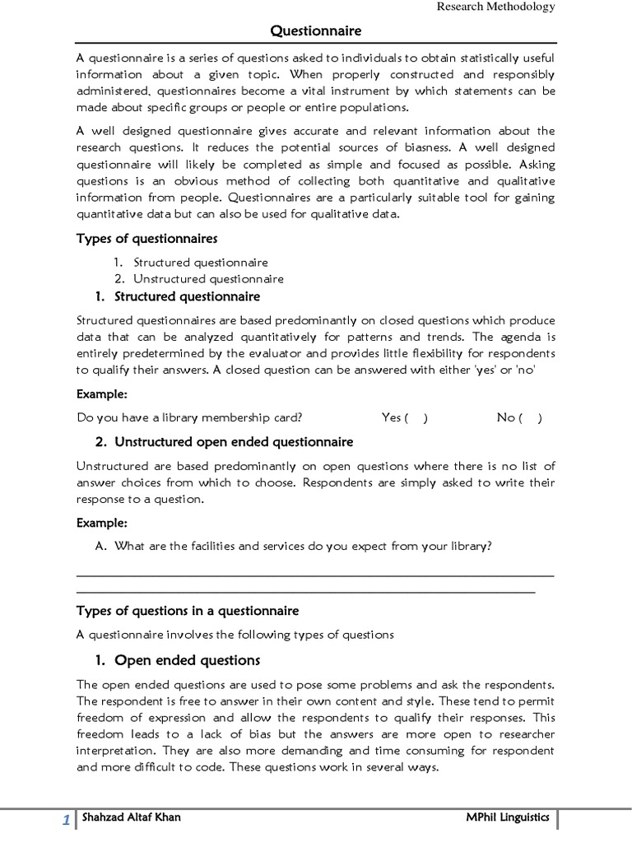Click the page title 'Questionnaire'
tap(316, 31)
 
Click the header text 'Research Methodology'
tap(495, 7)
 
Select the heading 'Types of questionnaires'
tap(146, 239)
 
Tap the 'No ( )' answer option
tap(519, 417)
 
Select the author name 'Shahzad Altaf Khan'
tap(131, 817)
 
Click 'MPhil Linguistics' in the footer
tap(507, 817)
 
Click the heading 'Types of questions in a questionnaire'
tap(188, 611)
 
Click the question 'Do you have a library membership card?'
tap(194, 417)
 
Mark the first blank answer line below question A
tap(315, 576)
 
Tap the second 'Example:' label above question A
tap(102, 523)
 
